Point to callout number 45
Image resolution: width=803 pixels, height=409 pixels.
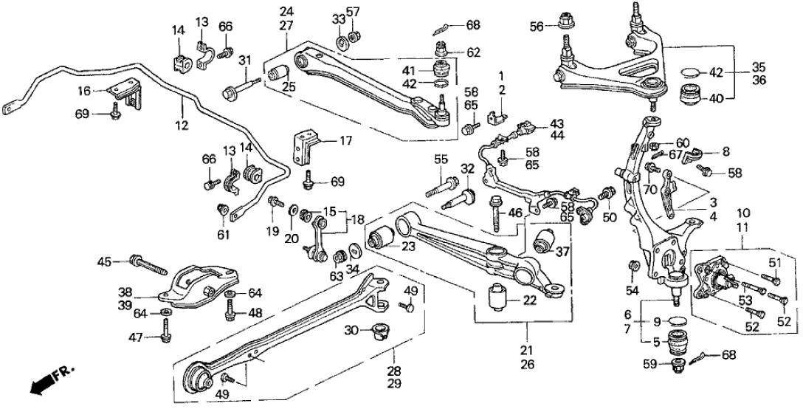(106, 260)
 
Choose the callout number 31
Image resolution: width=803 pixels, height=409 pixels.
(244, 61)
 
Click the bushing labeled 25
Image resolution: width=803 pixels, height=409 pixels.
(279, 73)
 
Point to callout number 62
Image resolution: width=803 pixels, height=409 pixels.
(472, 52)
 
